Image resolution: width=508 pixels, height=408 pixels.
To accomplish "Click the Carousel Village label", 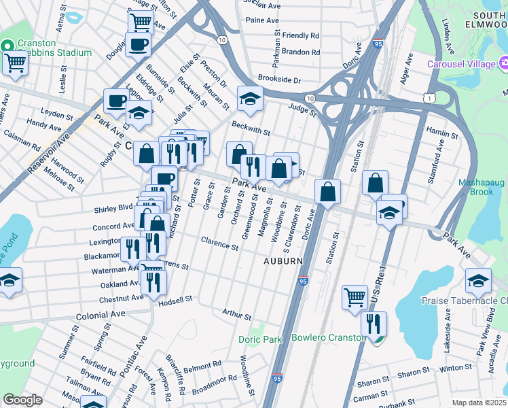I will tap(460, 64).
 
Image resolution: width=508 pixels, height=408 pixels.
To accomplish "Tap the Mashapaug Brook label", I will tap(484, 187).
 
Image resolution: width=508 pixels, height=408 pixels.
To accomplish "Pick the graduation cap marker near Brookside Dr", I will tap(250, 99).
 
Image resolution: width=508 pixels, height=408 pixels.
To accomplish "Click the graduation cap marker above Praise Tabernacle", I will tap(477, 280).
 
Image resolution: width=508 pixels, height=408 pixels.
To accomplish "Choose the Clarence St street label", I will tap(219, 243).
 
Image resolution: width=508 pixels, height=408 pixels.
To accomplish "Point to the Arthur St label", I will tap(236, 314).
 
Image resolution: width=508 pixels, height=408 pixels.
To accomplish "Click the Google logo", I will tap(22, 400).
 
